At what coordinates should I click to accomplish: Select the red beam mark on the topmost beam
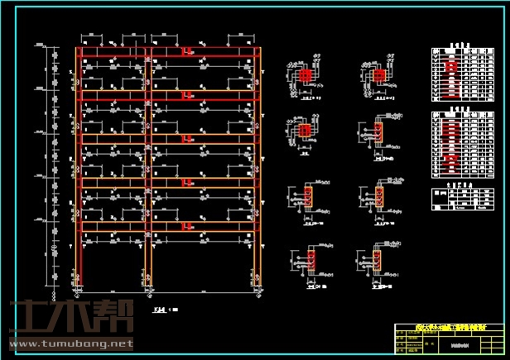(x=187, y=51)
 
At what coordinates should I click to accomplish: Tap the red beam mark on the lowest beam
(x=187, y=225)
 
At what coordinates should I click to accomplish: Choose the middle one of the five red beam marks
(x=187, y=138)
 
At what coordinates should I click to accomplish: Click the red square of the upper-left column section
(x=306, y=75)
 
